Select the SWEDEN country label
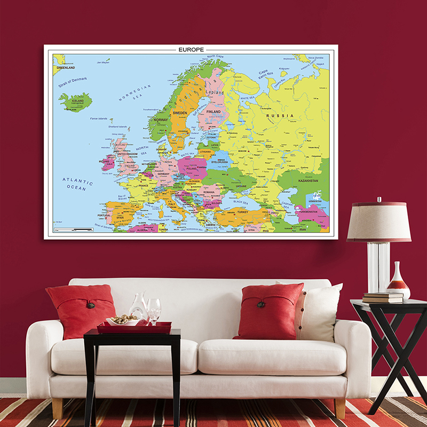(180, 114)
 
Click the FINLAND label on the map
(213, 112)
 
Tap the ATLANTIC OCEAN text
(77, 184)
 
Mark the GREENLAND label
(66, 68)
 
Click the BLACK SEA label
(241, 202)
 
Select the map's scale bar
(75, 230)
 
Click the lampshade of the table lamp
(379, 221)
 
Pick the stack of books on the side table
(383, 298)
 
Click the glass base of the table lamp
(378, 267)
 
